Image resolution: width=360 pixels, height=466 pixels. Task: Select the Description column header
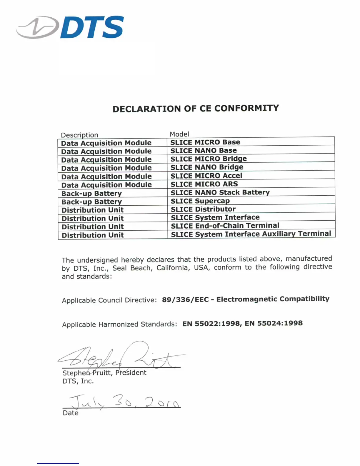79,135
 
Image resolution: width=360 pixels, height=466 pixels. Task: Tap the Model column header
179,134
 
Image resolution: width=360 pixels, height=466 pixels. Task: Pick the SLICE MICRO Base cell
205,142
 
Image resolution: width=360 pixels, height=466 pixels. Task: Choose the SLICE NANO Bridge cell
207,167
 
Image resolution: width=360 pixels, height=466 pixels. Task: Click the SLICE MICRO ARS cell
204,184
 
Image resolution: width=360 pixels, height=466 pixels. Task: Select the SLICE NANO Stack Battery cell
220,192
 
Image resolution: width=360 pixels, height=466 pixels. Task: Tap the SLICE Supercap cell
200,201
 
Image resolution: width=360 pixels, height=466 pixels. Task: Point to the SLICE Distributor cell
203,209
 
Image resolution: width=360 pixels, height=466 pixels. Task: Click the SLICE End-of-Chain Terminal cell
225,226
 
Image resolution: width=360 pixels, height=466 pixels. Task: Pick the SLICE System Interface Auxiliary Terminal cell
251,234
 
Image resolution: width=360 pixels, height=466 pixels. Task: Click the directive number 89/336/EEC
185,299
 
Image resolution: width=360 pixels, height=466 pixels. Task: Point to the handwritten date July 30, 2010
124,401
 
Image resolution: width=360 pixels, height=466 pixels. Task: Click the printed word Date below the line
71,413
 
